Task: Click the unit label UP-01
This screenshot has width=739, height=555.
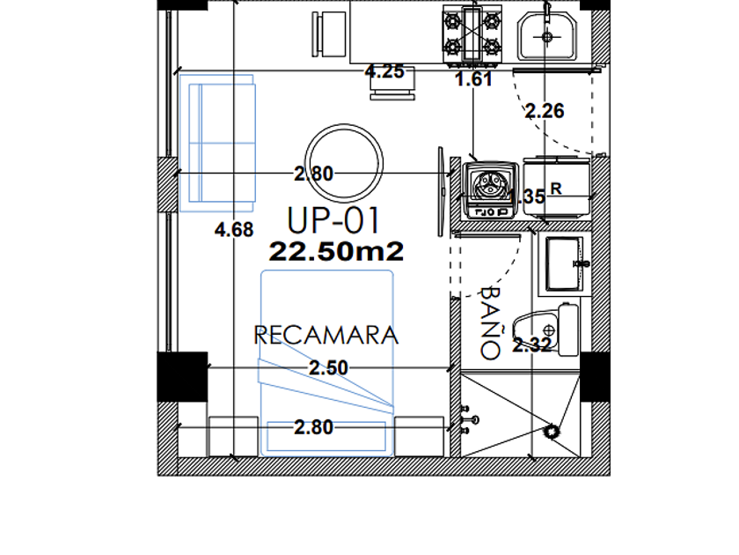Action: click(x=333, y=221)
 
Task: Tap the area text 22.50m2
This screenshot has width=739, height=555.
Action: click(x=336, y=252)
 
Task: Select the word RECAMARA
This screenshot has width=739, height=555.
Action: click(x=326, y=335)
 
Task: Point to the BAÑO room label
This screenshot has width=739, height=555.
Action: click(x=491, y=324)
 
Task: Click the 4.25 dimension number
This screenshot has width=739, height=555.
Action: click(x=384, y=71)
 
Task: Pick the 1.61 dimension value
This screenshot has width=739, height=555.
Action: click(x=473, y=79)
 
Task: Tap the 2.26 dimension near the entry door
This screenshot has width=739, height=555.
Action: click(x=545, y=111)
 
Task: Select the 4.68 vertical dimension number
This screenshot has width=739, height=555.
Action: click(x=234, y=230)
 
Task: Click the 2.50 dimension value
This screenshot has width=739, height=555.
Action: click(x=328, y=368)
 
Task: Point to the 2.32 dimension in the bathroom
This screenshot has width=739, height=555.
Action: click(x=531, y=346)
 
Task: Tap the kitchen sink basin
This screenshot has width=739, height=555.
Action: click(x=547, y=36)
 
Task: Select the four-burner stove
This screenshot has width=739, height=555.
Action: click(x=472, y=34)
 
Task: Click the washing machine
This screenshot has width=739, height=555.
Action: click(x=491, y=190)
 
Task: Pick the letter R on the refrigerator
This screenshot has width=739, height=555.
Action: click(x=556, y=189)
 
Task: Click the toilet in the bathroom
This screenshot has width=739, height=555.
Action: click(x=545, y=329)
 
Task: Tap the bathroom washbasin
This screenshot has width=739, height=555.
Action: click(x=565, y=264)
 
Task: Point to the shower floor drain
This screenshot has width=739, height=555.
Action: click(x=551, y=432)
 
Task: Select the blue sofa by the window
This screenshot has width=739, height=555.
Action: click(x=217, y=143)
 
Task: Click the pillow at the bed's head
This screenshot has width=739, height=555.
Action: click(x=326, y=436)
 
